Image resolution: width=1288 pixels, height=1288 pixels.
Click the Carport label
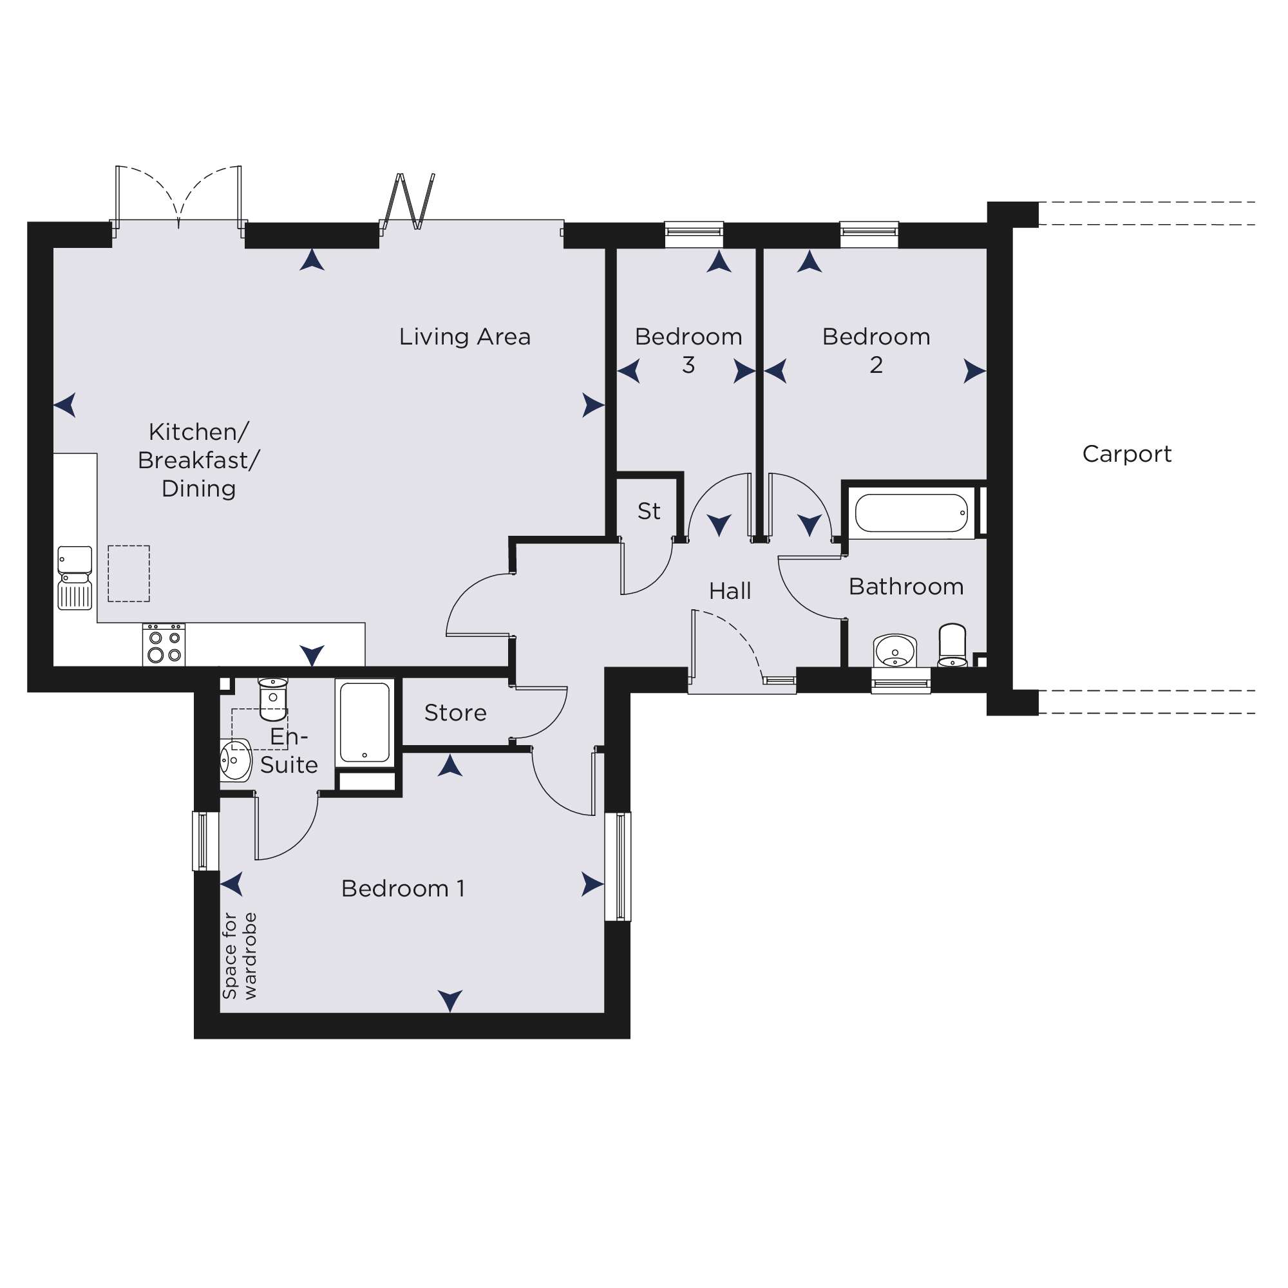(1126, 454)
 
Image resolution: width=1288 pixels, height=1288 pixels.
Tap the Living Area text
(465, 337)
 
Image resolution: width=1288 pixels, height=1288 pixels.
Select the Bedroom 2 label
(876, 351)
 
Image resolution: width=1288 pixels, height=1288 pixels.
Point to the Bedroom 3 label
(688, 351)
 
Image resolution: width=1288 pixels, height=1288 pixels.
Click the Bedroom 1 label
(402, 888)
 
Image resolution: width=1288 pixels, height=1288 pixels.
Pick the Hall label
(730, 591)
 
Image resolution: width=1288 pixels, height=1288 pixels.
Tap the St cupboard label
(649, 511)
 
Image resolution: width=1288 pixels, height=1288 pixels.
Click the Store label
(455, 713)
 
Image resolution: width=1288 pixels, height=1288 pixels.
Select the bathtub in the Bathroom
(911, 513)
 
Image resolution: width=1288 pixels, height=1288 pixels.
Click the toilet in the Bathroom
(952, 644)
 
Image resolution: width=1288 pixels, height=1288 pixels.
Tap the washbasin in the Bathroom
(895, 650)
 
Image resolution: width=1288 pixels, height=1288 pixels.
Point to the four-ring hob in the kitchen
(164, 644)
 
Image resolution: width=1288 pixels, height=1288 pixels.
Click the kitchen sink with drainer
(75, 577)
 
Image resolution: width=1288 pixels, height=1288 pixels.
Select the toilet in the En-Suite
(272, 699)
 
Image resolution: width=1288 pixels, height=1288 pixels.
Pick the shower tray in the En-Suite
(365, 722)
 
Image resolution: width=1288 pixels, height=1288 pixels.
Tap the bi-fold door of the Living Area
(408, 202)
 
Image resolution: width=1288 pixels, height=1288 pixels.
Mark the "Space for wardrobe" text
(240, 956)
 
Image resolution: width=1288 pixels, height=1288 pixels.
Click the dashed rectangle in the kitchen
(129, 573)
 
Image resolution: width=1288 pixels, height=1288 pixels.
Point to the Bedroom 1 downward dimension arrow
(450, 1001)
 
